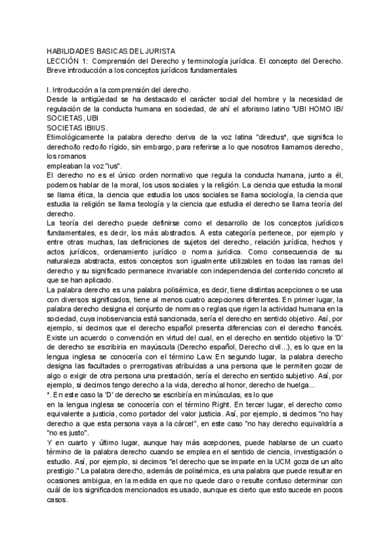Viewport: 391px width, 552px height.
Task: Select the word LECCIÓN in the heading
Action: pyautogui.click(x=61, y=61)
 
